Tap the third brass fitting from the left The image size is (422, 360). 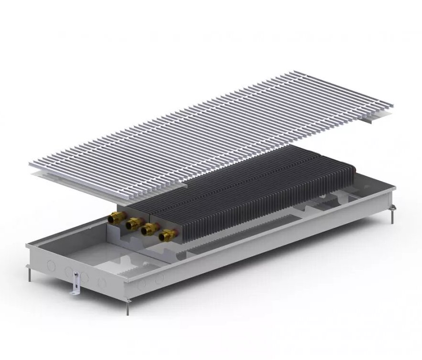coord(149,228)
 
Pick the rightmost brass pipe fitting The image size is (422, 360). coord(167,234)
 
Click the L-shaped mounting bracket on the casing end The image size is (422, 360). coord(75,284)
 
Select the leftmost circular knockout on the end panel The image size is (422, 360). coord(51,265)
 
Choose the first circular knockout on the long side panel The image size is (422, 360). coord(142,285)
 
